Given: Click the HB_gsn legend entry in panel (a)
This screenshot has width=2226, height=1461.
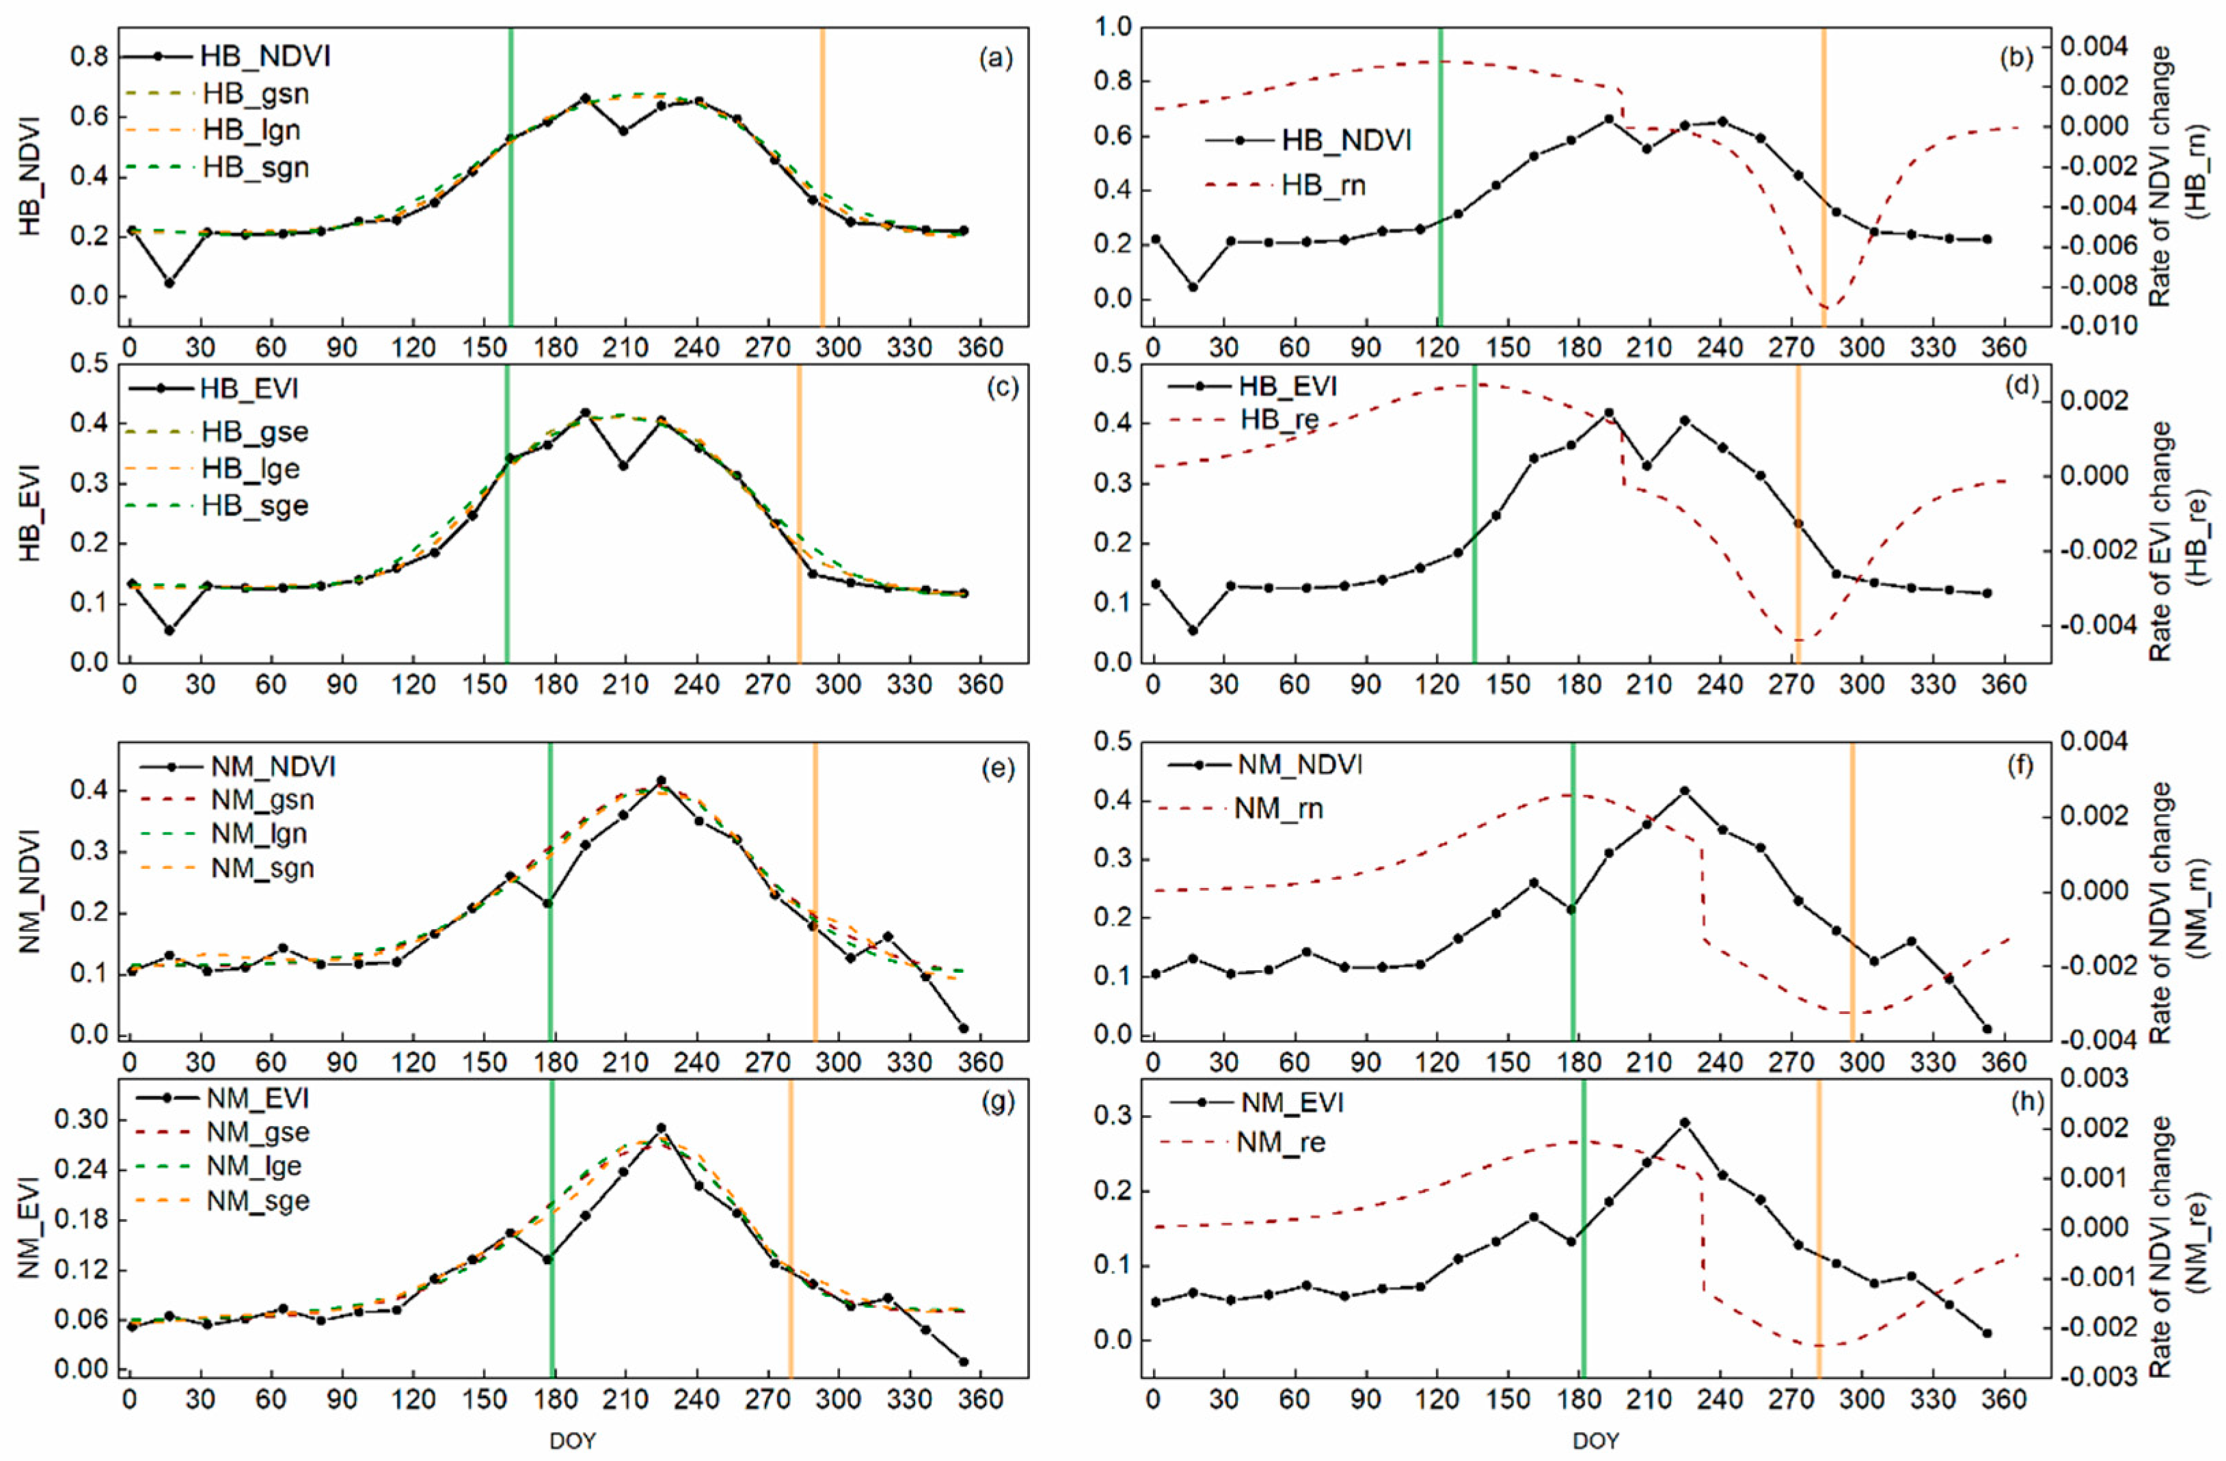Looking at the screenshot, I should [x=254, y=94].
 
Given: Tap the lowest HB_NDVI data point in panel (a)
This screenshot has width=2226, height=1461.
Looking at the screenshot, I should [x=169, y=282].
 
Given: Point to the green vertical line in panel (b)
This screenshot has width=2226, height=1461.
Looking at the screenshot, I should [x=1439, y=178].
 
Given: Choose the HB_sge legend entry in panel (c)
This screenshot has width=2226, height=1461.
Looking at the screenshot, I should [x=254, y=506].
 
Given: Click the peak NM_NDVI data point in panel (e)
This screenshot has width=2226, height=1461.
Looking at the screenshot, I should [x=662, y=780].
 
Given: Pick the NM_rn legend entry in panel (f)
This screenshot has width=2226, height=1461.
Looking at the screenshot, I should [x=1279, y=808].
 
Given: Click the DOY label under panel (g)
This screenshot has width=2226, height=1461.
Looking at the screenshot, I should [x=573, y=1441].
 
